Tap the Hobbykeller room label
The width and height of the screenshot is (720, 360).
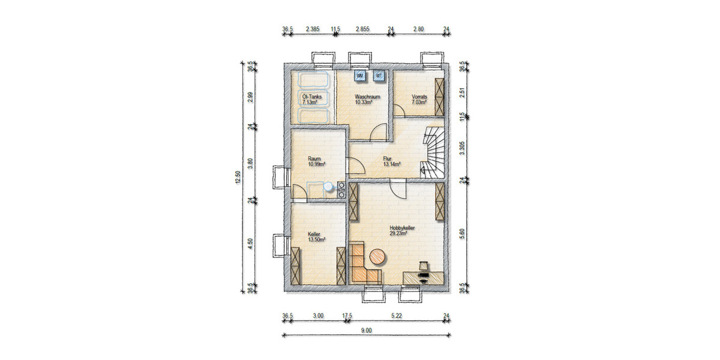pyautogui.click(x=403, y=228)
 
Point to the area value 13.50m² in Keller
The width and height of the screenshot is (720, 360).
pyautogui.click(x=316, y=239)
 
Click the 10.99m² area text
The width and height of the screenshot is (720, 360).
pyautogui.click(x=316, y=164)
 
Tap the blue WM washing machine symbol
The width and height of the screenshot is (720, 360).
pyautogui.click(x=360, y=76)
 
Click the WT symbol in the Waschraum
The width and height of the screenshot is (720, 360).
pyautogui.click(x=379, y=76)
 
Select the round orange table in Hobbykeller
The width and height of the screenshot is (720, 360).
pyautogui.click(x=378, y=257)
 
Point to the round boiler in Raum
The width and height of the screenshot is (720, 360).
pyautogui.click(x=328, y=187)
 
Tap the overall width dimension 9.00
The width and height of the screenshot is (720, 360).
pyautogui.click(x=367, y=330)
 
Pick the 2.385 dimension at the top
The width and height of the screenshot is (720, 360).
pyautogui.click(x=312, y=29)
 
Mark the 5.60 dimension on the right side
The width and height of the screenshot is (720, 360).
pyautogui.click(x=462, y=234)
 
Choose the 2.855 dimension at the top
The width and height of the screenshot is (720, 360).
pyautogui.click(x=362, y=29)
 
